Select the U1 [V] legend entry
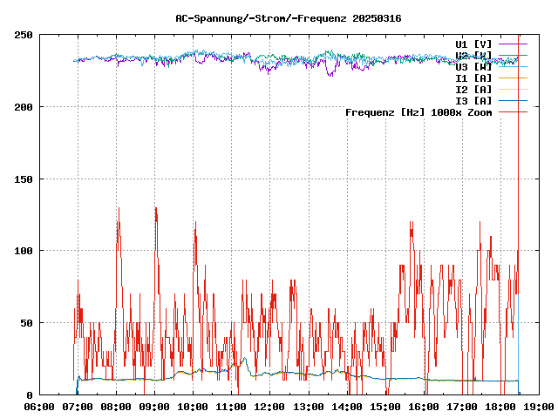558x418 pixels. click(473, 44)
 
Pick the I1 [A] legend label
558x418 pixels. click(473, 78)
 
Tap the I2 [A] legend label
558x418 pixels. click(473, 89)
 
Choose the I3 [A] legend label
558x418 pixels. click(473, 100)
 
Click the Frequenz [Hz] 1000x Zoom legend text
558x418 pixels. click(418, 111)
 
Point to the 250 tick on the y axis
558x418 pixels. click(24, 35)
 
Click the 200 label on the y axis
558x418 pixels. click(24, 107)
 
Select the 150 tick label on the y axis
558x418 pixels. click(24, 179)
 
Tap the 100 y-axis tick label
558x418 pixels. click(24, 251)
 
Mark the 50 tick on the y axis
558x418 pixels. click(27, 323)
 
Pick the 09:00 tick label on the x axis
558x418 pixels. click(154, 407)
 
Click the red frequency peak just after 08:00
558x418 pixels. click(119, 209)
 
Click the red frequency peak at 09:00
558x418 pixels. click(155, 209)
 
